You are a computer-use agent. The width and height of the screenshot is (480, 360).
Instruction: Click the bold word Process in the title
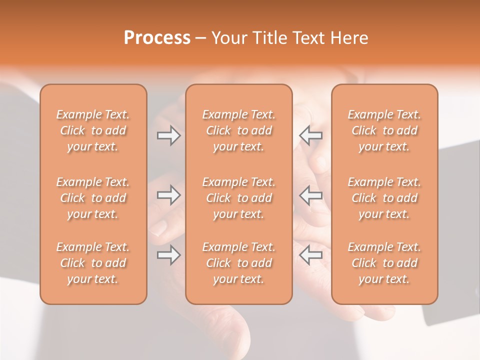157,38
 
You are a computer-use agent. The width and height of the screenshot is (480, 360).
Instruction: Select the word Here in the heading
350,38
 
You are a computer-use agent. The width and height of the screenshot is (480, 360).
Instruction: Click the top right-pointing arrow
168,135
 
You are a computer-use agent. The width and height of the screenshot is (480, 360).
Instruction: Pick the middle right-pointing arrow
168,195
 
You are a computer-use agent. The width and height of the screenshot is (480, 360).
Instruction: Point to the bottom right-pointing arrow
168,255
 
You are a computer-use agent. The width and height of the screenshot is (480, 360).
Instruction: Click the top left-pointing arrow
310,135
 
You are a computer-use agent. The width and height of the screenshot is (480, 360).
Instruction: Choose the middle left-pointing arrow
310,195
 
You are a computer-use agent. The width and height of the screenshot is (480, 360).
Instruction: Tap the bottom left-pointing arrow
310,255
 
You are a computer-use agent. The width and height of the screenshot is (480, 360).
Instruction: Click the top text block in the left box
93,130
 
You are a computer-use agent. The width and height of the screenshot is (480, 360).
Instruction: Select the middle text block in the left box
93,198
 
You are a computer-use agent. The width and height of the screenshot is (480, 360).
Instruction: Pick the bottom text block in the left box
93,263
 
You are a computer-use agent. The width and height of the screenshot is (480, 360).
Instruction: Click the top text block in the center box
238,130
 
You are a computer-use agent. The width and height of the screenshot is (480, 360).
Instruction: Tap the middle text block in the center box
238,198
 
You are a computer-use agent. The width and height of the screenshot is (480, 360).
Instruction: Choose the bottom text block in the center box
238,263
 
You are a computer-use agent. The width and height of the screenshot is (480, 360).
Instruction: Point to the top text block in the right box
384,130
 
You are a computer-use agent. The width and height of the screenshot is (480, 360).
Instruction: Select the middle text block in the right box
384,198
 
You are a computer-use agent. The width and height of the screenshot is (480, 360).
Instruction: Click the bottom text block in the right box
384,263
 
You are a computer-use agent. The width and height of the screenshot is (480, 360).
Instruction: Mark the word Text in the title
308,38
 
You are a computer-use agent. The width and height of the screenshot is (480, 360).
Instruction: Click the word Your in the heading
228,38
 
